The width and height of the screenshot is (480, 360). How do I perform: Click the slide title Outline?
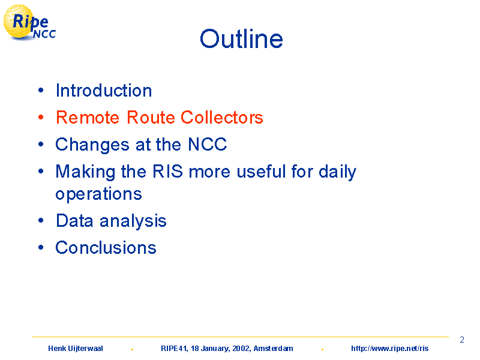coord(241,39)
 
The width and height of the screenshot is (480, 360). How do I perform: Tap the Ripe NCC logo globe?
coord(19,22)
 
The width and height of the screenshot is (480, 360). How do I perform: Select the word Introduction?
coord(104,91)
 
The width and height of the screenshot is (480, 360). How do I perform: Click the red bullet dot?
coord(41,117)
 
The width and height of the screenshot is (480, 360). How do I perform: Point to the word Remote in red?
coord(88,117)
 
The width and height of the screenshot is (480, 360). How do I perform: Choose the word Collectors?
coord(221,117)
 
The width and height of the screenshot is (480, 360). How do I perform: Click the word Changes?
coord(92,145)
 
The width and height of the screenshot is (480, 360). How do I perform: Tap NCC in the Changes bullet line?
coord(207,144)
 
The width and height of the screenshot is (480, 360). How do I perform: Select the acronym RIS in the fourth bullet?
coord(167,171)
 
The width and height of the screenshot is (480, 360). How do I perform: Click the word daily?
coord(337,172)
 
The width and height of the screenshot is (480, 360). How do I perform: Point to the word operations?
coord(98,194)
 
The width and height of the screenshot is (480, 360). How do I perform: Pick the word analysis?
coord(133,221)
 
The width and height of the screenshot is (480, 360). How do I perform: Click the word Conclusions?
coord(106,248)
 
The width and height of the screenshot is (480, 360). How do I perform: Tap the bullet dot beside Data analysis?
coord(41,220)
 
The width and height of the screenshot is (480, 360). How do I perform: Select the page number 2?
coord(462,340)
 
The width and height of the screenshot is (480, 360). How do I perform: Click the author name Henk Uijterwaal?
coord(76,349)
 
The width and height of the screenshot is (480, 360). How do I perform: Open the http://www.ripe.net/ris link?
coord(389,349)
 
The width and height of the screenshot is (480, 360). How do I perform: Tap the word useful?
coord(261,171)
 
